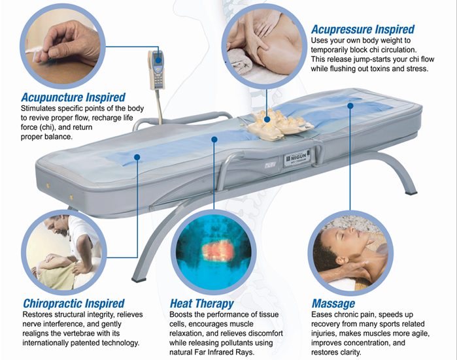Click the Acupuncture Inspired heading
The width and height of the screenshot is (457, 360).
73,98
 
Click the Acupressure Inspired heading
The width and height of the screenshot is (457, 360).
362,29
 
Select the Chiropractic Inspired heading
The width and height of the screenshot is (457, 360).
73,303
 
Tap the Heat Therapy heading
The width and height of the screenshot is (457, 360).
201,303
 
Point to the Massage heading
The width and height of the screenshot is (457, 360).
333,303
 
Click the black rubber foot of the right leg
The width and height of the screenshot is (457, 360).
413,194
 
